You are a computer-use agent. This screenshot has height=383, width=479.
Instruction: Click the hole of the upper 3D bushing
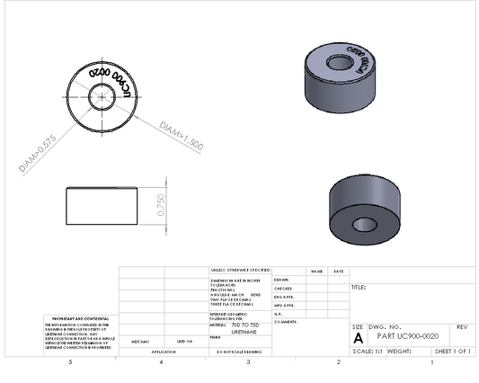tap(339, 63)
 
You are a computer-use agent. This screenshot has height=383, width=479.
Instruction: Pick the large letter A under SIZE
tap(359, 338)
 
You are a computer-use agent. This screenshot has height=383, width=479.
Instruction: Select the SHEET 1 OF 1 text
tap(453, 351)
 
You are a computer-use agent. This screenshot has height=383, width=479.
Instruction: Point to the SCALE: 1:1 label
tap(369, 351)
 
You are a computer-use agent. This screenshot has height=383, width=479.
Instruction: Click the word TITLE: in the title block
tap(359, 289)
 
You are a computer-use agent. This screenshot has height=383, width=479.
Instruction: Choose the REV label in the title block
tap(462, 326)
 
